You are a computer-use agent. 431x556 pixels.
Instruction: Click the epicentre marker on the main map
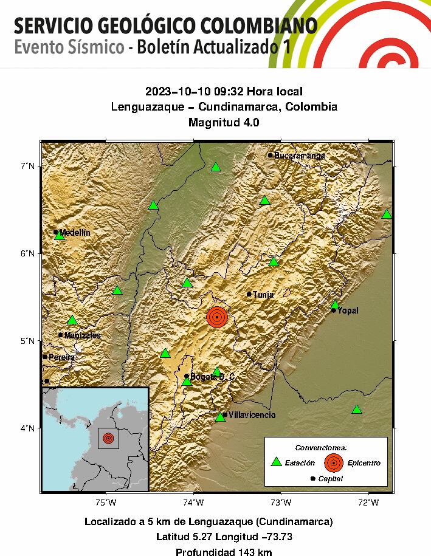click(x=217, y=317)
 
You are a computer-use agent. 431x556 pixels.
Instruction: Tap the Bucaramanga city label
click(x=299, y=156)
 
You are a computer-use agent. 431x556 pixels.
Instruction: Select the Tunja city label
click(x=263, y=295)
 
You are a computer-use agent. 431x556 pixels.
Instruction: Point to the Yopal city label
click(x=348, y=311)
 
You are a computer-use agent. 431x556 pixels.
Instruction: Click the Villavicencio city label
click(x=252, y=415)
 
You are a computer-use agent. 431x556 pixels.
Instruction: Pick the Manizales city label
click(x=83, y=335)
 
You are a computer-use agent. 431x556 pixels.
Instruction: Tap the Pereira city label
click(x=61, y=357)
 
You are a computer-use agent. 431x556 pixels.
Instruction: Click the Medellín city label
click(x=75, y=233)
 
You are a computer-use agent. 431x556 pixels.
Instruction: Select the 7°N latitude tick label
click(x=28, y=166)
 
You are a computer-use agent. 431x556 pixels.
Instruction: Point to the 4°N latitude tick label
click(x=28, y=428)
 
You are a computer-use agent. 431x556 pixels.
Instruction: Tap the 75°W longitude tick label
click(x=106, y=502)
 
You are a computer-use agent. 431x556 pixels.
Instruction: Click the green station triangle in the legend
click(x=276, y=462)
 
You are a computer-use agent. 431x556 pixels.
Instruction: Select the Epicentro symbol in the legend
click(x=333, y=462)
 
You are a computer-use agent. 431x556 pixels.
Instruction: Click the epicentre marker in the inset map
click(x=108, y=438)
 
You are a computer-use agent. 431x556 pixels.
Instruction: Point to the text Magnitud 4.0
click(x=224, y=122)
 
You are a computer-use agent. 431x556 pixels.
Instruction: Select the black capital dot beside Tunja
click(x=249, y=294)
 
